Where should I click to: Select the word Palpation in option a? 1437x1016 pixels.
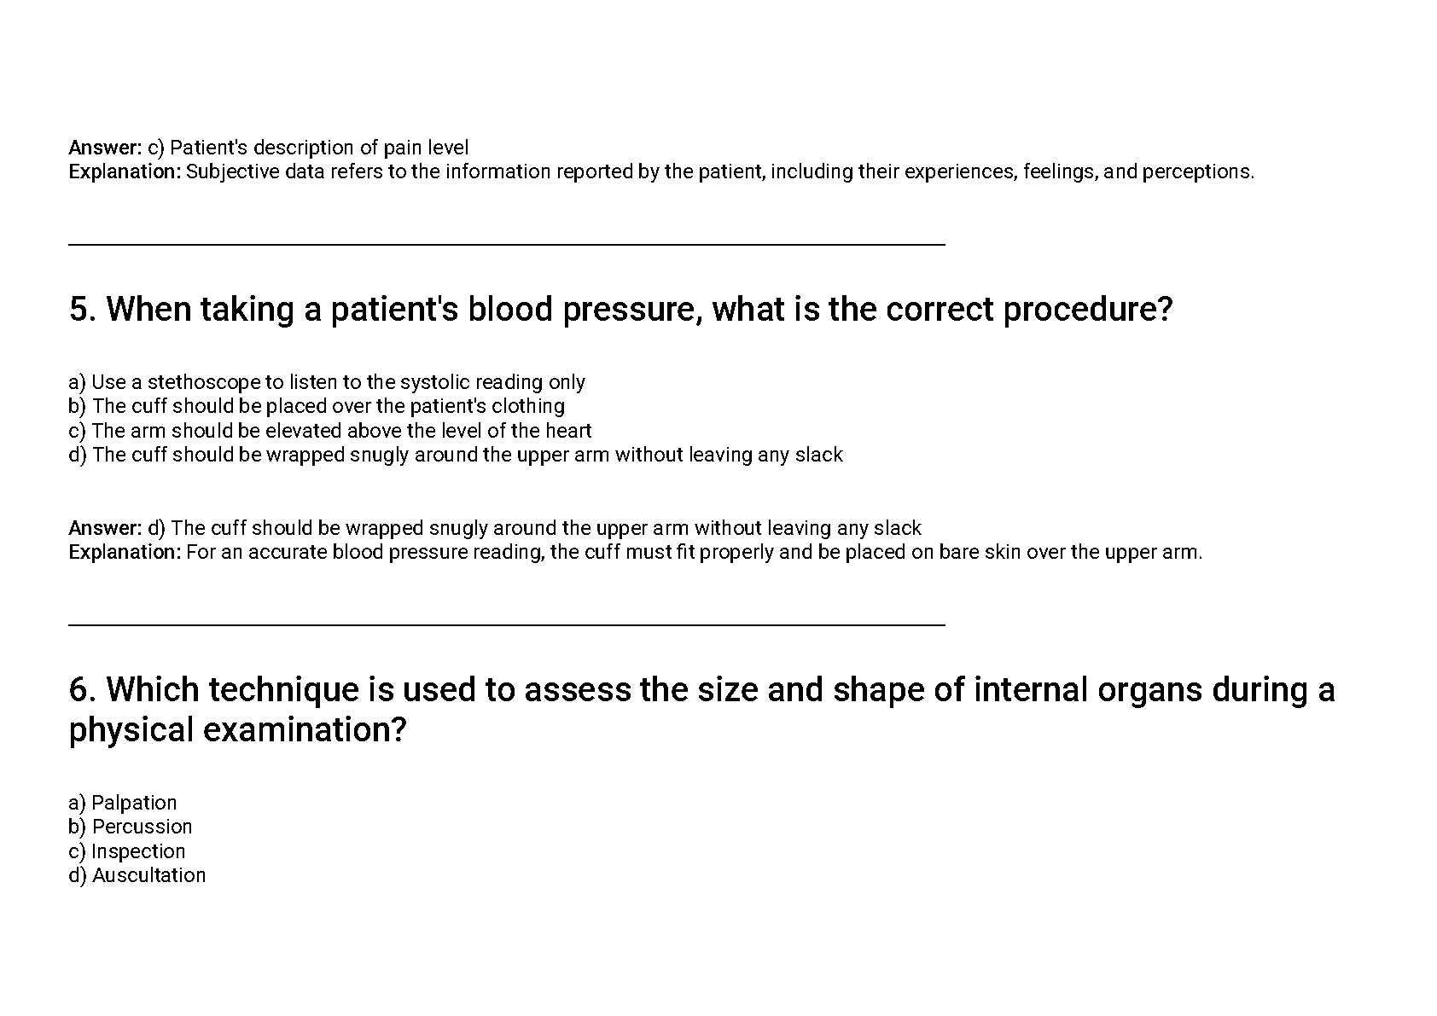(134, 803)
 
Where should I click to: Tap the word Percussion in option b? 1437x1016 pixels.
(143, 827)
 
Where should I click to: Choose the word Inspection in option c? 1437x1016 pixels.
(138, 851)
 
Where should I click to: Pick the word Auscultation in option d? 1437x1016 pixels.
(148, 875)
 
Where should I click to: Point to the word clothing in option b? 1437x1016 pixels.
(528, 406)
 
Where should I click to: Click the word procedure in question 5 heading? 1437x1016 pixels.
(1088, 309)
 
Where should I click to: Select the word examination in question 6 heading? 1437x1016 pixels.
(305, 730)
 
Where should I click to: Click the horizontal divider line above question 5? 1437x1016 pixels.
(507, 244)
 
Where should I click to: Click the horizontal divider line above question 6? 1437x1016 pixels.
(507, 624)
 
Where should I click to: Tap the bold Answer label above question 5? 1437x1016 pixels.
(105, 148)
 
